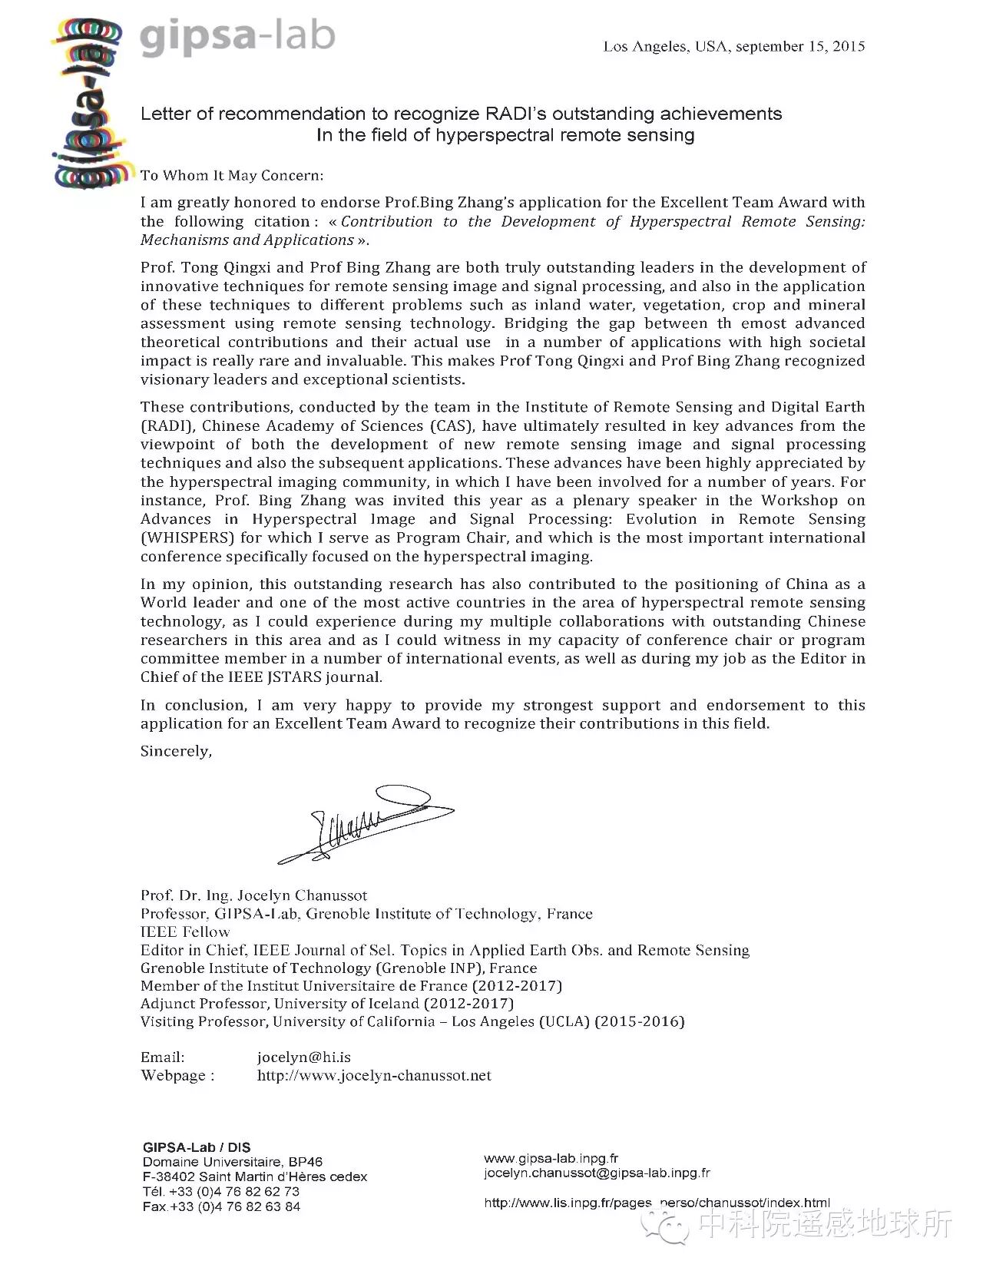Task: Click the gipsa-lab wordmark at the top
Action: coord(237,38)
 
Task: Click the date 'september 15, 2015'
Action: coord(800,46)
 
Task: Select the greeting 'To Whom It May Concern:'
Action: coord(232,176)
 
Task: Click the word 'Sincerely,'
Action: coord(176,751)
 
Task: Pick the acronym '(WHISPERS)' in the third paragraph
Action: coord(187,538)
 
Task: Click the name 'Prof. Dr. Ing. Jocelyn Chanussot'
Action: coord(253,895)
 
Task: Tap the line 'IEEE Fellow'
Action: coord(185,932)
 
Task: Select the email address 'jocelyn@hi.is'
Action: coord(303,1057)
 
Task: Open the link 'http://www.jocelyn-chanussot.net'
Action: coord(374,1075)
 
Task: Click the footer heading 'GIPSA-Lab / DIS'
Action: coord(197,1147)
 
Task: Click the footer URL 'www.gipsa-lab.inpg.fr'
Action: coord(551,1158)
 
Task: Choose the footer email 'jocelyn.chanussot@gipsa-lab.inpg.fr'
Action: coord(597,1173)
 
